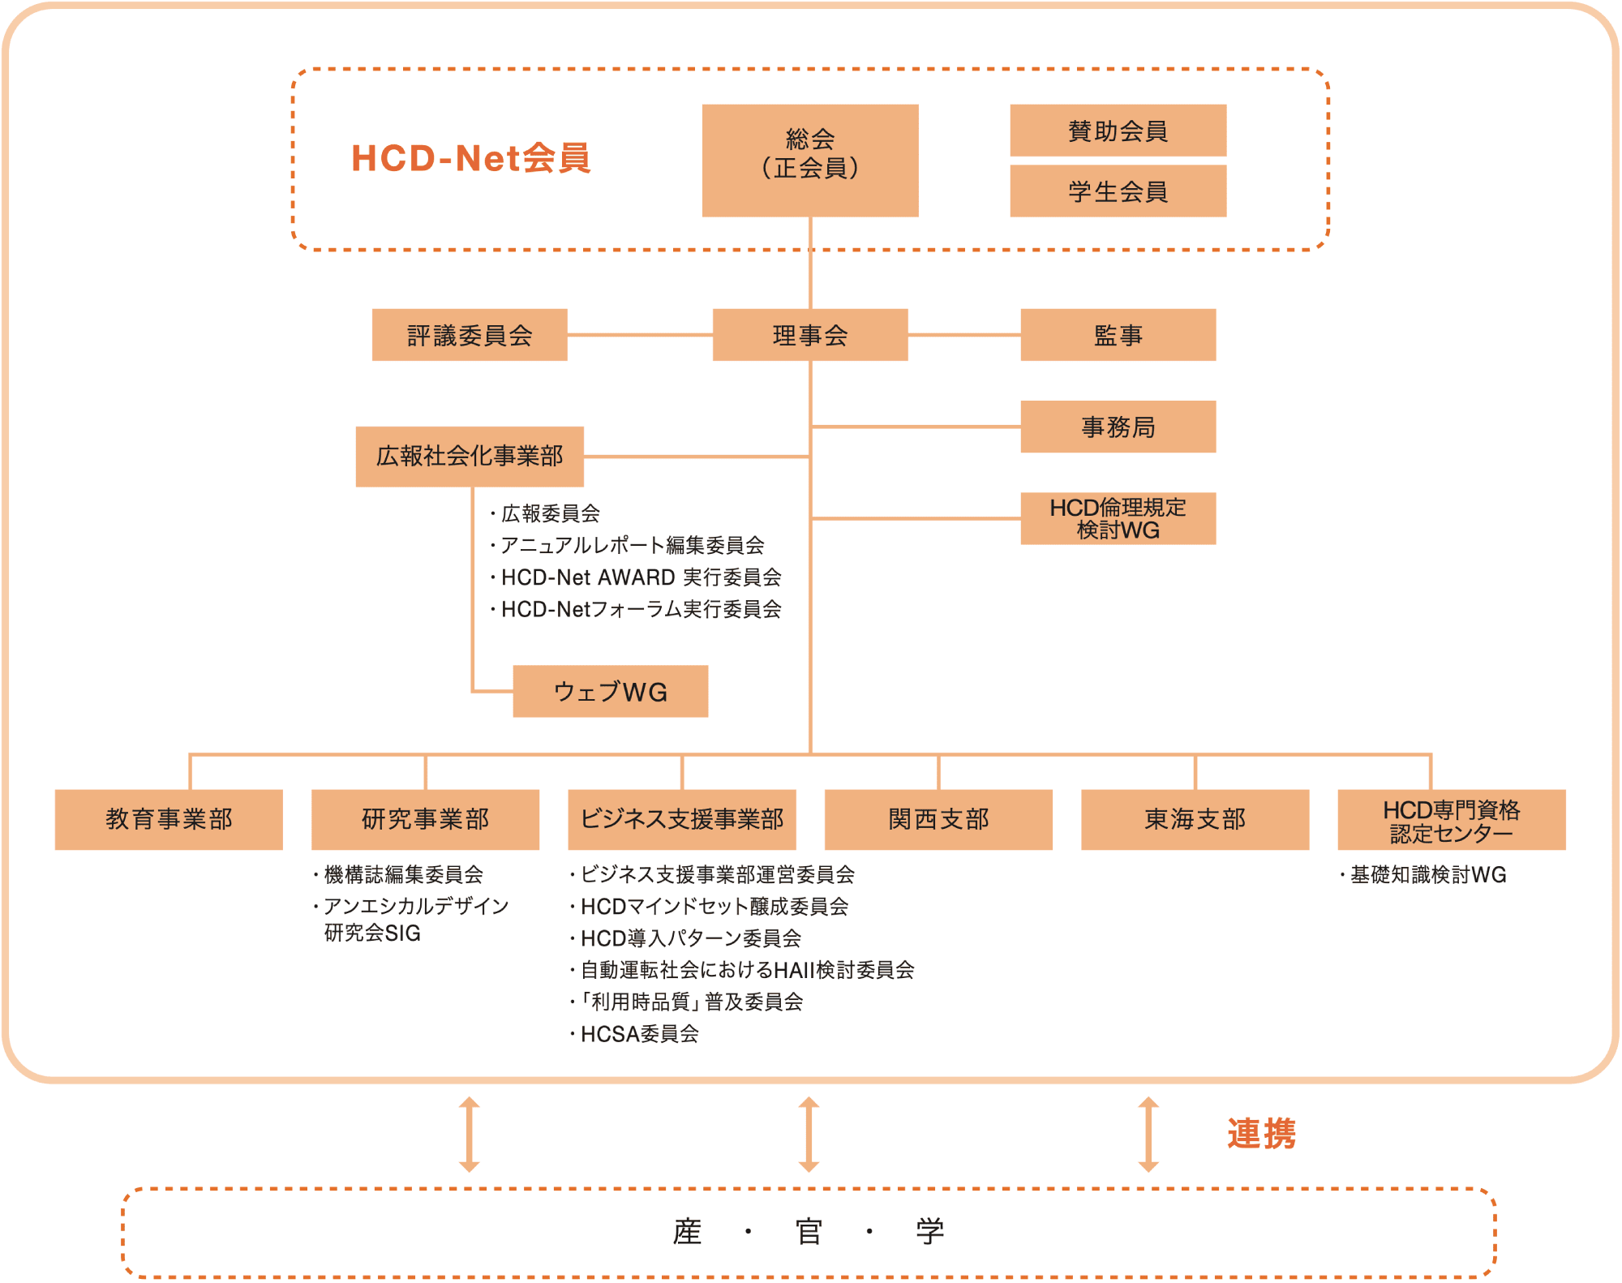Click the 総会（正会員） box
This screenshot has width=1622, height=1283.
[810, 160]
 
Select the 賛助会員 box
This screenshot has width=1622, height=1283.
[1118, 130]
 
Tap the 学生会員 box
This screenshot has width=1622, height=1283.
[1118, 191]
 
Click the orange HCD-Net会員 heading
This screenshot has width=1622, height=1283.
[470, 158]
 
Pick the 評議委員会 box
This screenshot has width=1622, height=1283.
[470, 334]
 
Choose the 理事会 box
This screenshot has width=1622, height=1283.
[810, 334]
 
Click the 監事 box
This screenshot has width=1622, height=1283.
[1118, 334]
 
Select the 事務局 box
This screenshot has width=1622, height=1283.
[1118, 427]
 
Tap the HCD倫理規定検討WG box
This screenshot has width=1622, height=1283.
[1118, 518]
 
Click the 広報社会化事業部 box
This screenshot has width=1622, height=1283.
[470, 456]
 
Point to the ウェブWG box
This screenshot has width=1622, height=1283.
[611, 691]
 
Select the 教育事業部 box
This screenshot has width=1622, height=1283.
[169, 819]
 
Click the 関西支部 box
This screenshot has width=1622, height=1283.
[938, 819]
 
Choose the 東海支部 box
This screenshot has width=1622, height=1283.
[1195, 819]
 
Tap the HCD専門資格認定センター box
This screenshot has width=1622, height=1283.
[1451, 820]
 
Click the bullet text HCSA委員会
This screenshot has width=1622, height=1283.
[639, 1034]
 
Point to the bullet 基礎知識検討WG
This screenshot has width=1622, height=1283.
[1427, 875]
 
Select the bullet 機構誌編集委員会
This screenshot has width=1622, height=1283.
[403, 875]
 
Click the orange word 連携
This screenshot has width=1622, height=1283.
[1261, 1134]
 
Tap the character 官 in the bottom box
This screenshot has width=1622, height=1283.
[809, 1232]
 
